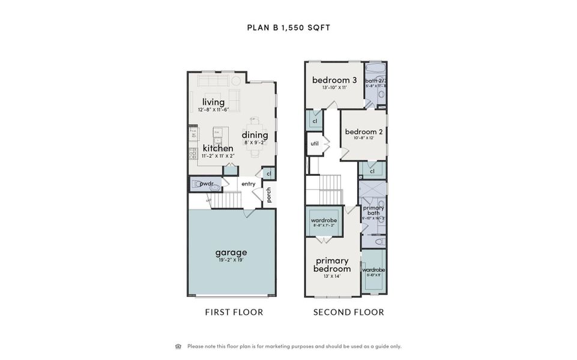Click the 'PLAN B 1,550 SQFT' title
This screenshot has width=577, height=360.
(288, 28)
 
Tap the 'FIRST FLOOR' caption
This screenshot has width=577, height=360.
(234, 312)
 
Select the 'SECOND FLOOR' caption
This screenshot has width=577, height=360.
(349, 312)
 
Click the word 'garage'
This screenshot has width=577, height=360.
(231, 253)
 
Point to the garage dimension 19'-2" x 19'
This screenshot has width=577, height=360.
(231, 260)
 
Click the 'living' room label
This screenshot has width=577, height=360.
(213, 102)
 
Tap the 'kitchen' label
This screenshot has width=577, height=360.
(217, 148)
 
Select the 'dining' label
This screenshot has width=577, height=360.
(255, 135)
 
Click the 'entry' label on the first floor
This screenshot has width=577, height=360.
(249, 184)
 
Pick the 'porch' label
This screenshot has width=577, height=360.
(269, 195)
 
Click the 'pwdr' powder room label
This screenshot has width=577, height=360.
(207, 184)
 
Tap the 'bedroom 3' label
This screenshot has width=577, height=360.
(334, 80)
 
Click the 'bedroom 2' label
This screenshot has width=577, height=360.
(364, 132)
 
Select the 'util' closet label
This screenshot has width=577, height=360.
(315, 143)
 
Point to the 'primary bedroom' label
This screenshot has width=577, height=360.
(332, 265)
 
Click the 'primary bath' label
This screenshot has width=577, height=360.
(373, 211)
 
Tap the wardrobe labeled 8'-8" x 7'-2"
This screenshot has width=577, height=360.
(324, 221)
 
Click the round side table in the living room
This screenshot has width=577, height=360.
(236, 80)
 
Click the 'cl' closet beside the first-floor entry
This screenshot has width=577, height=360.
(270, 174)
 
